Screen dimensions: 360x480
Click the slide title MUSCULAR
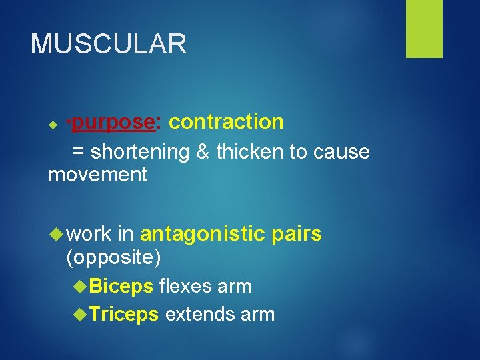pos(109,44)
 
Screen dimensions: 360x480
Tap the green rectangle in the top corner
pos(424,29)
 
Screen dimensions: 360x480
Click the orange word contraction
pos(226,122)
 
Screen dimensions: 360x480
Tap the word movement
pos(98,175)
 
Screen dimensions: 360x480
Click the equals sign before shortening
pos(78,153)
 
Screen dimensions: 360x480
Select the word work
pos(89,234)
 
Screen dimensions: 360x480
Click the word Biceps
pos(121,287)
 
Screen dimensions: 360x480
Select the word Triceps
pos(123,314)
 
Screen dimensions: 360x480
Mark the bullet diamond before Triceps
pos(81,314)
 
